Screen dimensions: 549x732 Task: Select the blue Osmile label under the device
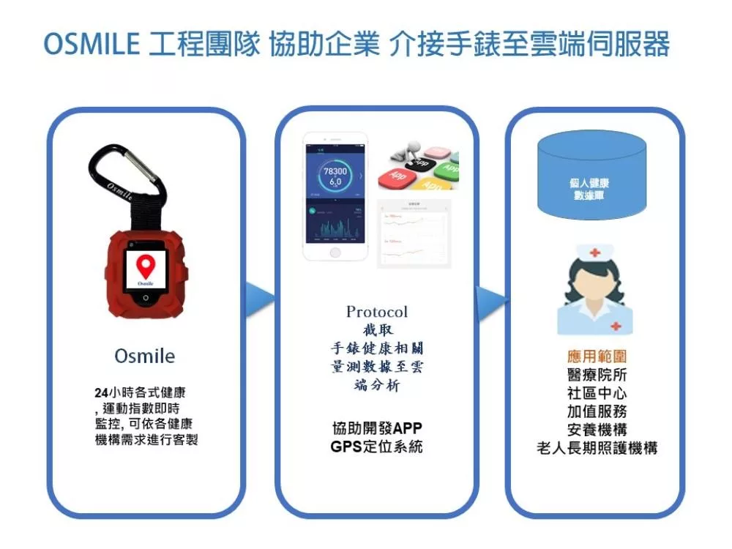click(x=145, y=356)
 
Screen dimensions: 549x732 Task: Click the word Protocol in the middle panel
click(x=377, y=312)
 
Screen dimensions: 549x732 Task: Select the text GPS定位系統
click(x=376, y=447)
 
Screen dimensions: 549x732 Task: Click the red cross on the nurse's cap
click(x=594, y=253)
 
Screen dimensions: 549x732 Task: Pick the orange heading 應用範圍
click(x=597, y=357)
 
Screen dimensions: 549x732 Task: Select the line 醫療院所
click(x=597, y=376)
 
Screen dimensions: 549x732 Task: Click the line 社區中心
click(x=597, y=394)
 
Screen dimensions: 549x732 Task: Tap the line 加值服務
click(x=597, y=411)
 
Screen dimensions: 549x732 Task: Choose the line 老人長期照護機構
click(x=597, y=448)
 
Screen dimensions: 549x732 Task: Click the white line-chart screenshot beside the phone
click(x=414, y=233)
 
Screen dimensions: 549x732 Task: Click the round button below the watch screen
click(x=146, y=298)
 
